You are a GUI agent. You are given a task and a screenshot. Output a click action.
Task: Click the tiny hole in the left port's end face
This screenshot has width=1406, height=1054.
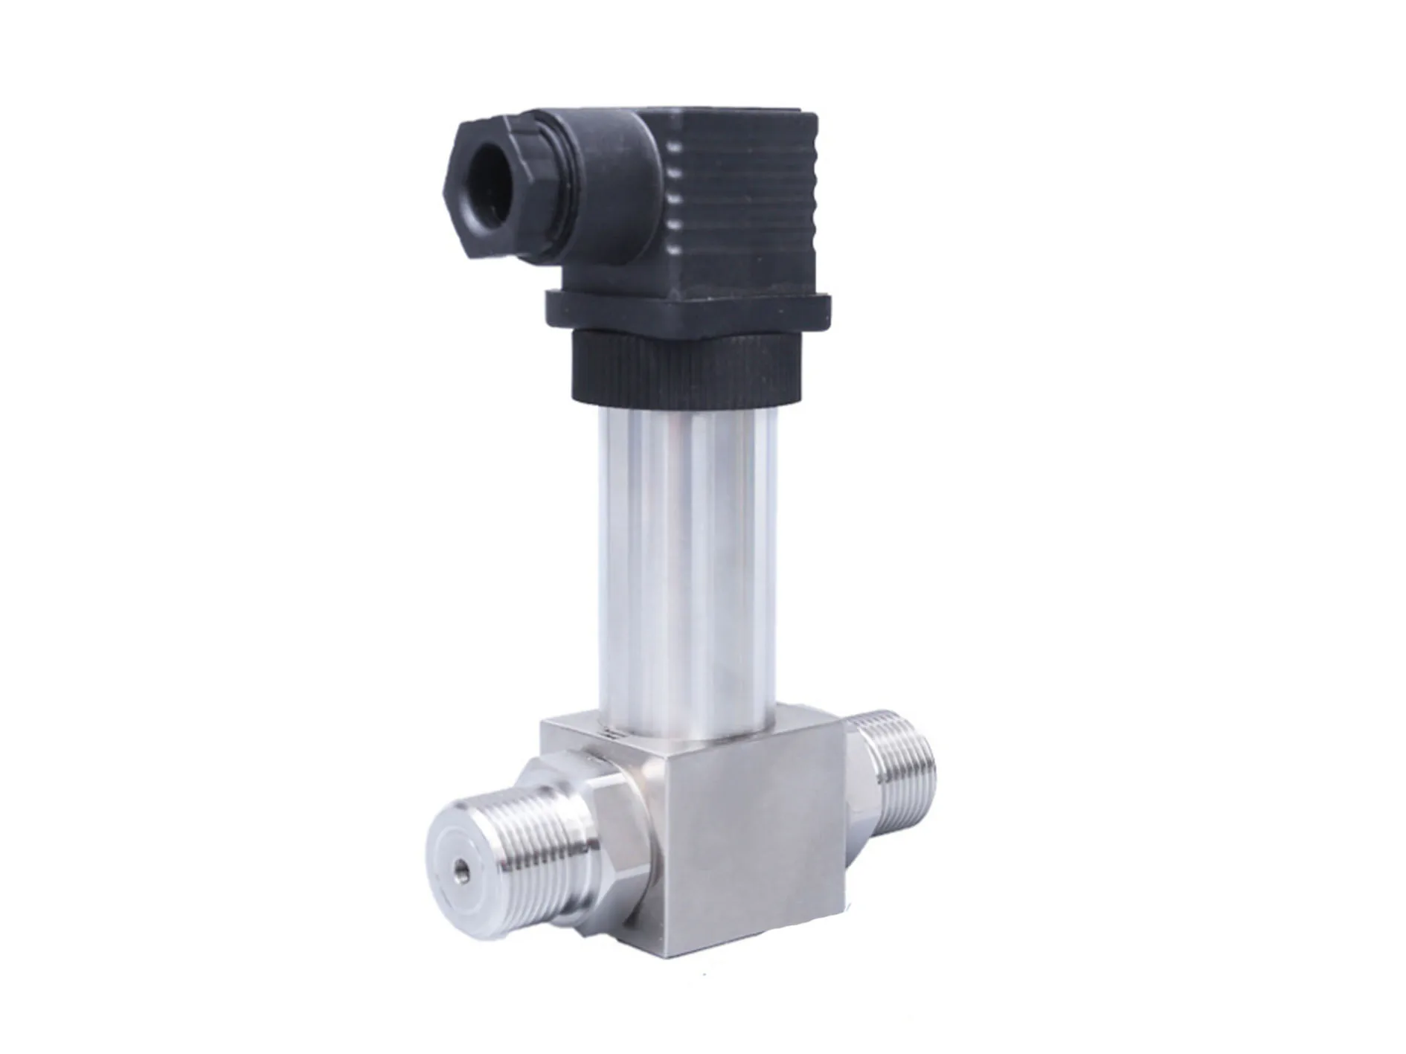tap(462, 867)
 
